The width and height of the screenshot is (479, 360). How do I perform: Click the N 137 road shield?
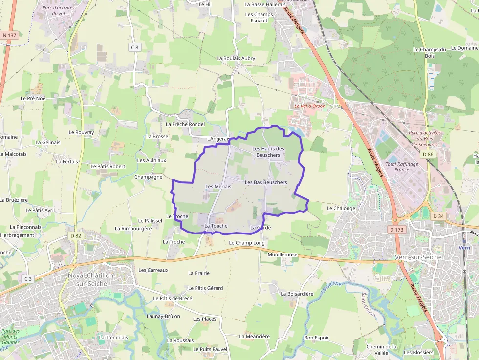[x=9, y=35]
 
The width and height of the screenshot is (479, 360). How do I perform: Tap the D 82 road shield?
[x=75, y=236]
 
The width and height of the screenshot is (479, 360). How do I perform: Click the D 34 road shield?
[x=438, y=216]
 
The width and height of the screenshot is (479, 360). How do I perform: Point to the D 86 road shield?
[x=428, y=155]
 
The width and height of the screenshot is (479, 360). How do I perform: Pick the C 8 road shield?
[x=135, y=47]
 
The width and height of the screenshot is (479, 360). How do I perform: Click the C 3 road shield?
[x=27, y=279]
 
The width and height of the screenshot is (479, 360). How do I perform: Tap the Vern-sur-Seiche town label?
[x=418, y=257]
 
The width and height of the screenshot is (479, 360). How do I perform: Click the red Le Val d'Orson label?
[x=309, y=106]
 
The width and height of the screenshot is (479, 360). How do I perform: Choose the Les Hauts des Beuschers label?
[x=268, y=152]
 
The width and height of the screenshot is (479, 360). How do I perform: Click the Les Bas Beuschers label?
[x=266, y=182]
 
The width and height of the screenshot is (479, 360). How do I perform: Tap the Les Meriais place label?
[x=218, y=186]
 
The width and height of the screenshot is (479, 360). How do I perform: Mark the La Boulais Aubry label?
[x=236, y=58]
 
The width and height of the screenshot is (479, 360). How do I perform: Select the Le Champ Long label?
[x=247, y=243]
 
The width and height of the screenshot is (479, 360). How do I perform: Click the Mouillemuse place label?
[x=283, y=254]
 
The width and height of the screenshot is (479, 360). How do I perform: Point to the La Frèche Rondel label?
[x=185, y=124]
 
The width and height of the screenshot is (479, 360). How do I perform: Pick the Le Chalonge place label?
[x=341, y=208]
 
